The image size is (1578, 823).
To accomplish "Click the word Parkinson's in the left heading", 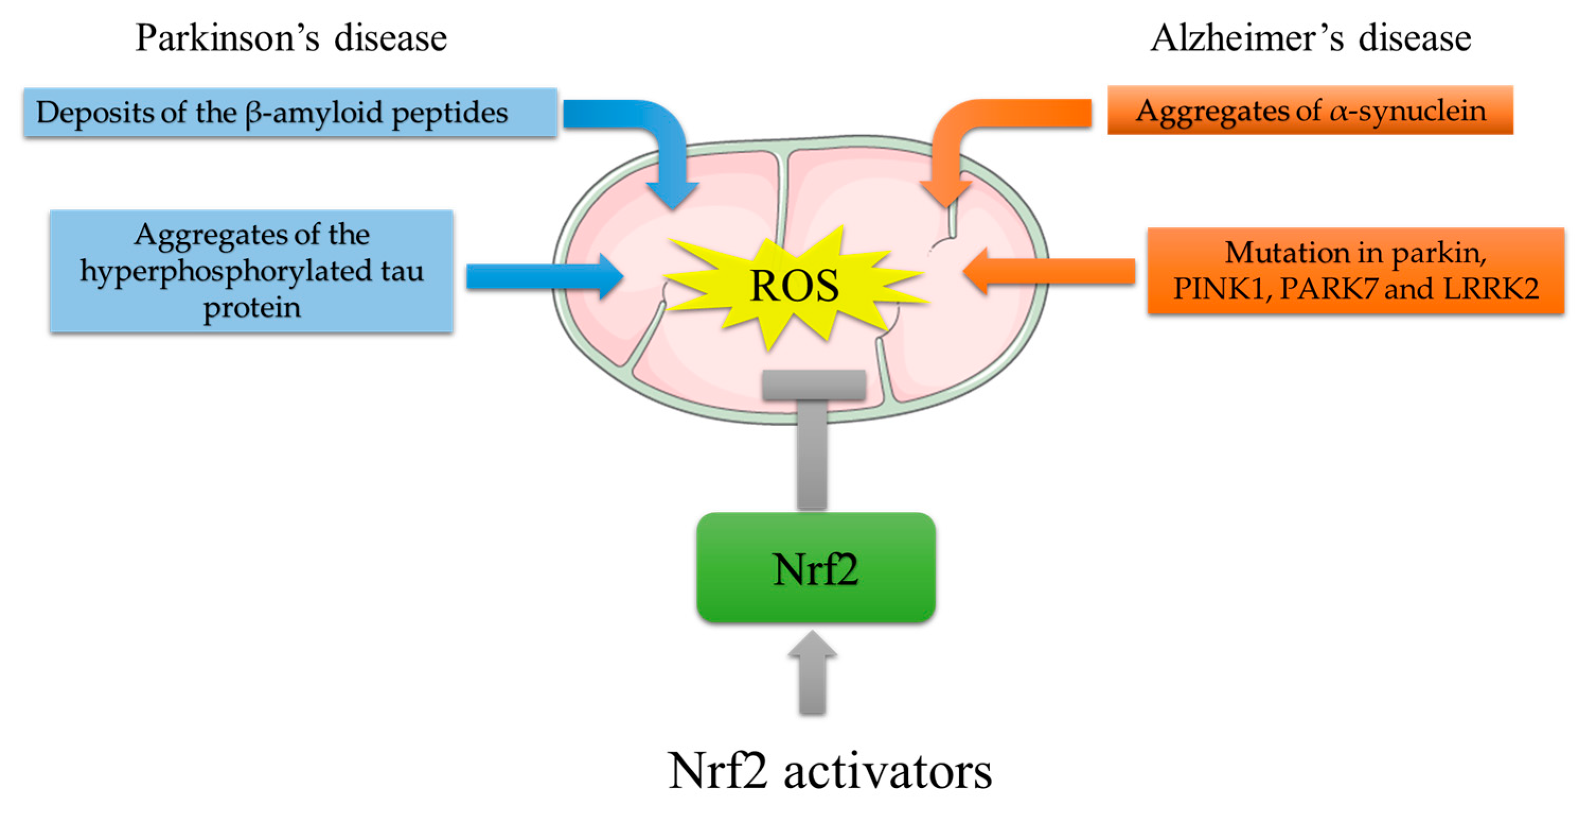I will pos(227,38).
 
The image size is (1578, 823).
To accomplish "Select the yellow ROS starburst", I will pos(794,286).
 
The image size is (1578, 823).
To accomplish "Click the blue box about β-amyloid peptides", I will pos(290,113).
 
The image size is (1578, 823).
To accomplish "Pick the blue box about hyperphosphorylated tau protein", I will pos(252,271).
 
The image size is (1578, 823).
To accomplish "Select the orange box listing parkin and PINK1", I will pos(1355,271).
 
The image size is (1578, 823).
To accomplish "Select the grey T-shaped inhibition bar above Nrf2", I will pos(813,429).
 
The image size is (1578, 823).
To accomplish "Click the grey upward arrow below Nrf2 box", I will pos(812,674).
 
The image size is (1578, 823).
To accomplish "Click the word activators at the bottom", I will pos(888,772).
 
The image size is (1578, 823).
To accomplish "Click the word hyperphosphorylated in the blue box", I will pos(226,271).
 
